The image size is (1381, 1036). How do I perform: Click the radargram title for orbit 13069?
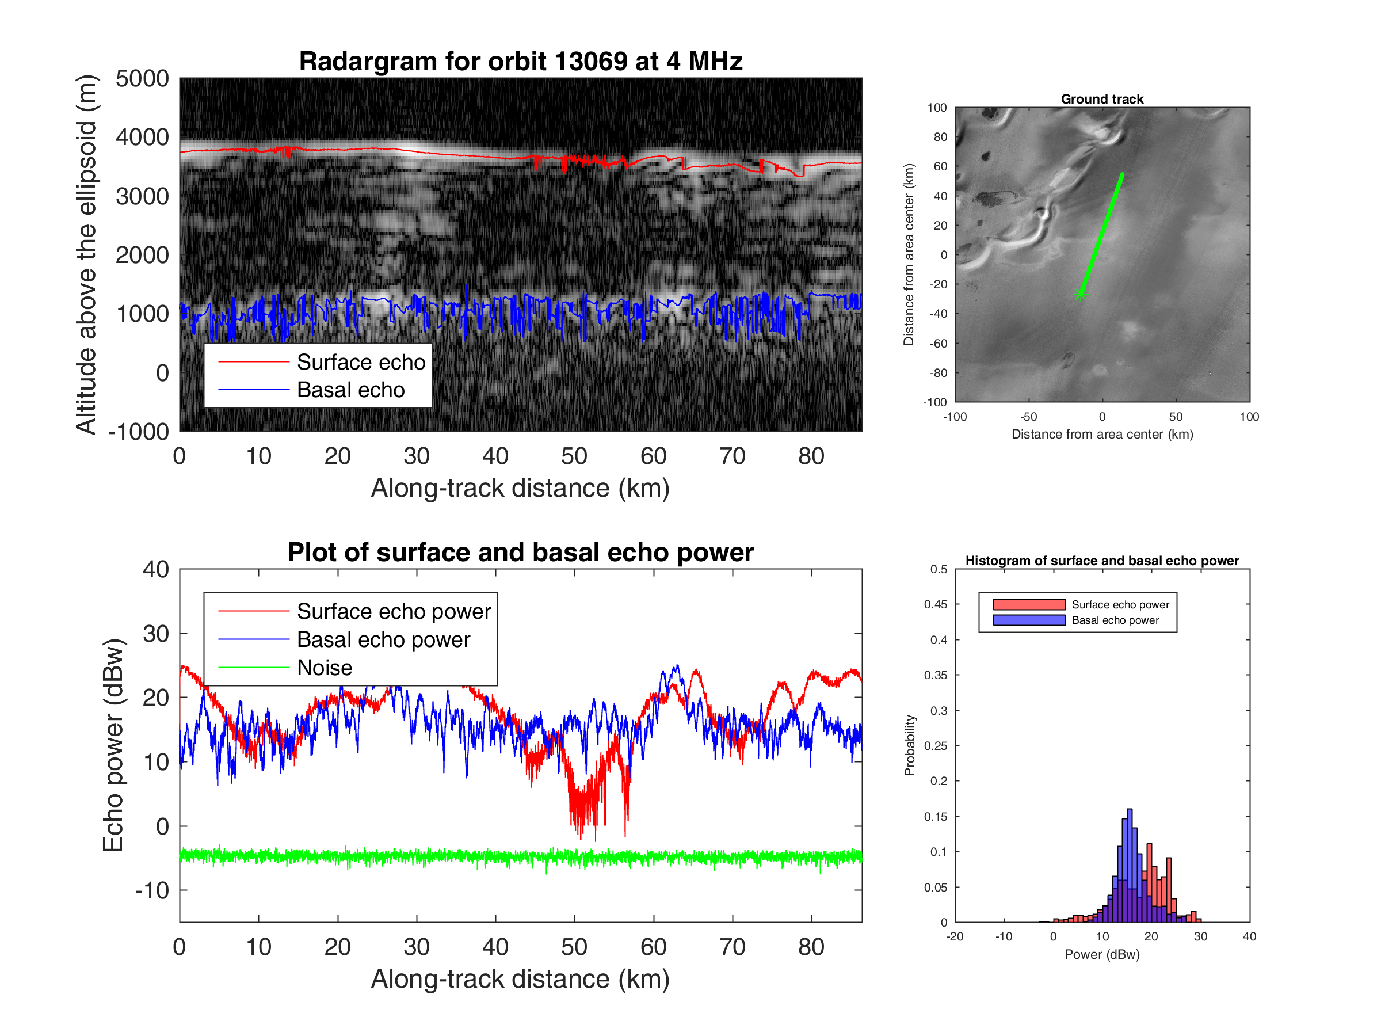click(520, 61)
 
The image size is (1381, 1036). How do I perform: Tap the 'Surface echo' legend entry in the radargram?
click(360, 362)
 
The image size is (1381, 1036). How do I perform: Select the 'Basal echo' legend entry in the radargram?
click(350, 390)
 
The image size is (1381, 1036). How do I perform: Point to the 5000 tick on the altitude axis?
click(142, 79)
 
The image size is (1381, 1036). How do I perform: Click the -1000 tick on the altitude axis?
click(139, 432)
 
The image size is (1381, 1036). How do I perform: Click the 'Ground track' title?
click(1102, 98)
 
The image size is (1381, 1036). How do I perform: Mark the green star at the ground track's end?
click(1081, 294)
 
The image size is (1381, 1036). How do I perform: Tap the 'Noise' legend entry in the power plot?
click(324, 668)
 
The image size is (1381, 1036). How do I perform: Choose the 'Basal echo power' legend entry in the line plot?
click(383, 639)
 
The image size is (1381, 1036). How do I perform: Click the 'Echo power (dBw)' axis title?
click(113, 745)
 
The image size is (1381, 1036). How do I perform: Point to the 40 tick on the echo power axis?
click(155, 570)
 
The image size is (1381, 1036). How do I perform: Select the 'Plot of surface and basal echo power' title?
click(520, 553)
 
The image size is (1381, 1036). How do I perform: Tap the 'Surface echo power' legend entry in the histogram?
click(1120, 604)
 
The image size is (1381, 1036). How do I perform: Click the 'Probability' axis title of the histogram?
click(910, 745)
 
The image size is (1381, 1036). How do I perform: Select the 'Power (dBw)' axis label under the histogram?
click(1102, 954)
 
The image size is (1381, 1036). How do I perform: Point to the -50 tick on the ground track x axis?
click(1028, 417)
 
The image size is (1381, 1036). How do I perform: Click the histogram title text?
click(1102, 561)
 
